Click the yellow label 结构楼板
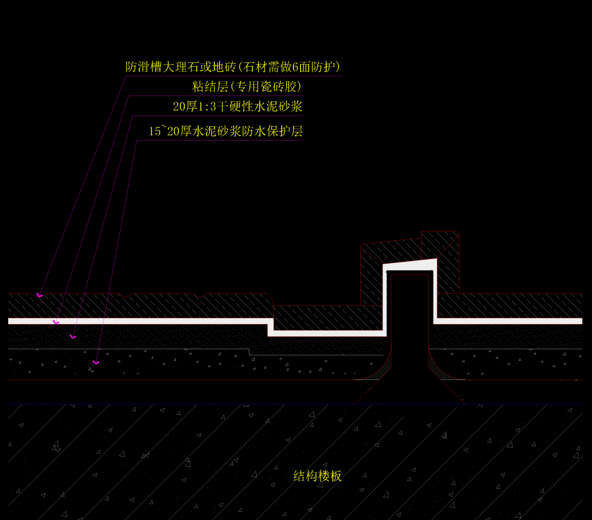(x=317, y=476)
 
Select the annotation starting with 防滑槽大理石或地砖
(x=234, y=67)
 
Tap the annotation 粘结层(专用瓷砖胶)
(x=247, y=86)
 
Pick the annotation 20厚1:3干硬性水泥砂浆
(x=237, y=106)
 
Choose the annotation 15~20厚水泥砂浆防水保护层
(x=226, y=131)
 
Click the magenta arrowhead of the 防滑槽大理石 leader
(x=39, y=295)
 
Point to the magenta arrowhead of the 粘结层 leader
(x=55, y=322)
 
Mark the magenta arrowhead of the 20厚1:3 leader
(x=73, y=337)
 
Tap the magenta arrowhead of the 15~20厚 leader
(x=96, y=362)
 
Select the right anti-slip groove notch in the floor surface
(x=200, y=296)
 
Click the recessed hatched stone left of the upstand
(x=328, y=317)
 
